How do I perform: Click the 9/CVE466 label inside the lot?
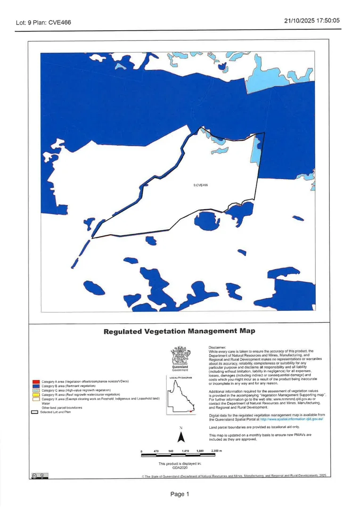click(x=201, y=185)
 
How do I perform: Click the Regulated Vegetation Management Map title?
click(x=179, y=331)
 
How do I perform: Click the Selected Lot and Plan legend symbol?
click(x=34, y=412)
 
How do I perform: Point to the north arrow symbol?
click(x=180, y=437)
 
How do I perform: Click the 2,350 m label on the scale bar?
click(x=216, y=451)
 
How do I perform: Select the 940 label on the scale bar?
click(x=171, y=451)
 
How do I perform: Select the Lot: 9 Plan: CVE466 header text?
click(x=43, y=22)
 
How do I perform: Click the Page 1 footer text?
click(x=180, y=494)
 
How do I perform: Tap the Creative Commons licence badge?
click(x=38, y=475)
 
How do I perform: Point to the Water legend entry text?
click(x=46, y=403)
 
